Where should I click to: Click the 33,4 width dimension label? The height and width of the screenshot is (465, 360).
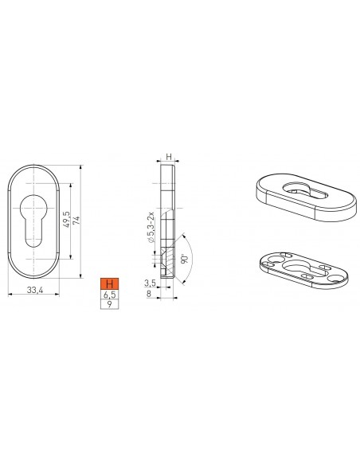[x=35, y=290]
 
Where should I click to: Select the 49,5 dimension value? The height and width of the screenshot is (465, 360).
[x=66, y=220]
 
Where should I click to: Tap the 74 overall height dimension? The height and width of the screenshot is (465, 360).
[x=76, y=221]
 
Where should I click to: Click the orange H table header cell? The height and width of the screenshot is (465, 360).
[x=109, y=283]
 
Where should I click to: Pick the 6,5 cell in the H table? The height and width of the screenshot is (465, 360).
[x=109, y=295]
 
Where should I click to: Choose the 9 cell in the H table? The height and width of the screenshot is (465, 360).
[x=109, y=304]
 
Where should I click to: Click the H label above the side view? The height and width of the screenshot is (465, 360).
[x=168, y=157]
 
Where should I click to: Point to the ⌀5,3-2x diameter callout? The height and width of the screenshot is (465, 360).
[x=151, y=228]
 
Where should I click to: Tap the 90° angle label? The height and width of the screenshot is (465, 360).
[x=185, y=258]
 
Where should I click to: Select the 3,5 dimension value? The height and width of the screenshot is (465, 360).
[x=150, y=283]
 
